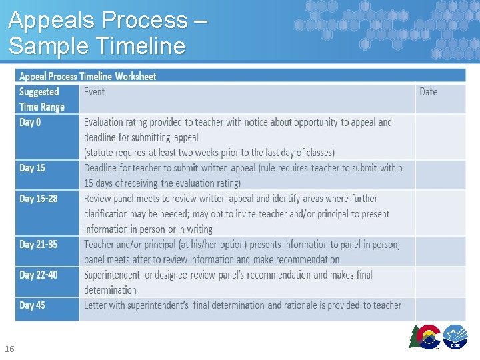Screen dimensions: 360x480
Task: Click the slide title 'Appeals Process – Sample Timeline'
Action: pos(107,33)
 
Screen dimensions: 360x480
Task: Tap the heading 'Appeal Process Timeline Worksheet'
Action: pos(87,76)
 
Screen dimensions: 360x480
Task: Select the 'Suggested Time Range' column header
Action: pos(42,99)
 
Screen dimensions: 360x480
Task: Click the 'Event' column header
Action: pos(94,92)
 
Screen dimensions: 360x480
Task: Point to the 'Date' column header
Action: pos(428,92)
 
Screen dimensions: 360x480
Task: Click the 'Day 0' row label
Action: pos(30,123)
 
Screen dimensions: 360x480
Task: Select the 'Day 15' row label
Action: pos(33,168)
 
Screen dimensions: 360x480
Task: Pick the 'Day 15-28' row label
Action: pos(38,199)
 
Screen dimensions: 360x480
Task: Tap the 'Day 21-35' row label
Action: pos(38,245)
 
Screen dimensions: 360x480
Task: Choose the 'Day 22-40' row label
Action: pos(38,275)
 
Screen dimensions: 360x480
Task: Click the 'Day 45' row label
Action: pos(33,305)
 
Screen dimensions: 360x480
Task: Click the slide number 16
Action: pos(9,349)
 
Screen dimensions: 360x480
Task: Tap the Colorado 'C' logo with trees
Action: pos(425,336)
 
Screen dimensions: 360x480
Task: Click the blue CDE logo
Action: pos(455,337)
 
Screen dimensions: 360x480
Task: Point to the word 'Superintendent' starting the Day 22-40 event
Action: pos(112,275)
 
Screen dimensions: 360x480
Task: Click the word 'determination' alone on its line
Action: pos(110,290)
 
